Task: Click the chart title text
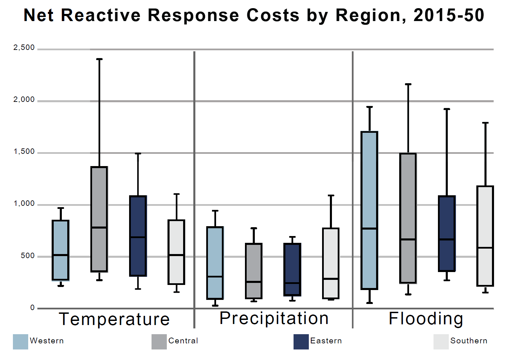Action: click(254, 15)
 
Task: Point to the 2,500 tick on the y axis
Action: click(24, 48)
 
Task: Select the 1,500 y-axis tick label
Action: click(24, 151)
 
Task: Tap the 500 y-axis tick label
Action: click(28, 256)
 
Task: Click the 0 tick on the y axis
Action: click(33, 308)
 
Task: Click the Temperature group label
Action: click(114, 319)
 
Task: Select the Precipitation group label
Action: click(274, 319)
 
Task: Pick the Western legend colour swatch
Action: click(20, 342)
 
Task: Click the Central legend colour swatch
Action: click(159, 342)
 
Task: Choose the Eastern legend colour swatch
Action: click(301, 342)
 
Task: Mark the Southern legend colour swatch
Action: click(441, 342)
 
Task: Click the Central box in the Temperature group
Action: click(99, 204)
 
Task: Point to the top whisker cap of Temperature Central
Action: click(99, 59)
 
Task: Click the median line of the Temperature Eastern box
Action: click(138, 237)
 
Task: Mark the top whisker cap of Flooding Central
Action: click(408, 84)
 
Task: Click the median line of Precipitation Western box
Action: click(215, 277)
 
